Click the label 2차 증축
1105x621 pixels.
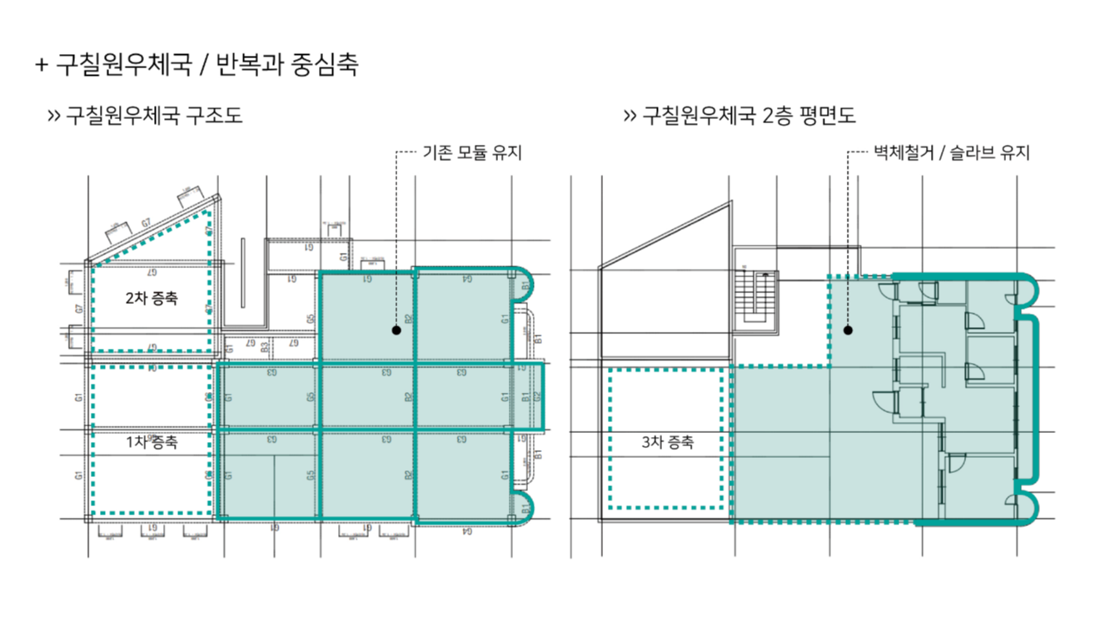[152, 298]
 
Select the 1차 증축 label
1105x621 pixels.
[152, 443]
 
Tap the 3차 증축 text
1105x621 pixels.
[667, 443]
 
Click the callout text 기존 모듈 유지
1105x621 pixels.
[472, 153]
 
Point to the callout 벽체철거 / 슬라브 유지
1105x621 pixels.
[951, 153]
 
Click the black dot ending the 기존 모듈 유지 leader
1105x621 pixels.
[396, 330]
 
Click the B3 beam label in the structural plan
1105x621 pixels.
[265, 345]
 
